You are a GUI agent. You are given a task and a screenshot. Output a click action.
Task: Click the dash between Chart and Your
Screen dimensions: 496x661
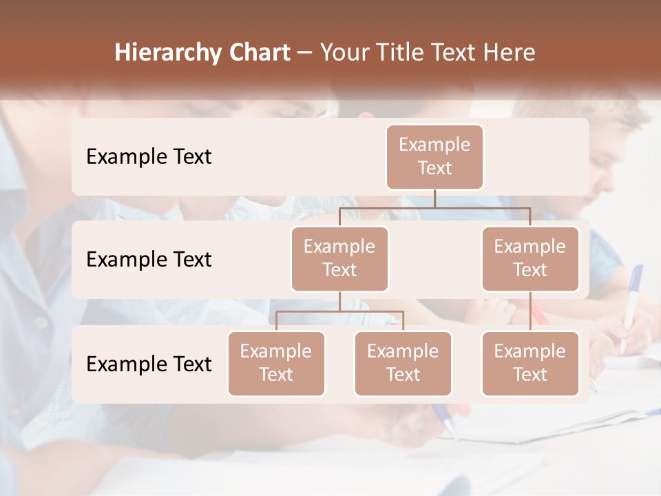point(305,54)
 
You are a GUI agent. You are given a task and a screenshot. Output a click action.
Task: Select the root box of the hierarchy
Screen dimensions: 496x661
point(434,156)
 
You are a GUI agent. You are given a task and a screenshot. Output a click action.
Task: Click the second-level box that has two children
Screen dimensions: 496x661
point(339,258)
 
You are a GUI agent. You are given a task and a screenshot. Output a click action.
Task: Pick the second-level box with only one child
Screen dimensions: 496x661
point(530,258)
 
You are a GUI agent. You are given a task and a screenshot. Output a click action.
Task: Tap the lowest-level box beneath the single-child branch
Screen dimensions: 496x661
point(530,363)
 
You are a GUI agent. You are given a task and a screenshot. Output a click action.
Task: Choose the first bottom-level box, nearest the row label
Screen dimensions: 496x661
point(276,363)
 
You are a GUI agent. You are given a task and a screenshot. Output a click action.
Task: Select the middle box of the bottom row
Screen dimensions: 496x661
point(403,363)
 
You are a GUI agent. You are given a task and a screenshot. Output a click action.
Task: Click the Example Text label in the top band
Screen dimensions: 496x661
point(149,157)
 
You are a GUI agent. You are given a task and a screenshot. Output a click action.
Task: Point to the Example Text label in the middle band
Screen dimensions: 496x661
point(149,260)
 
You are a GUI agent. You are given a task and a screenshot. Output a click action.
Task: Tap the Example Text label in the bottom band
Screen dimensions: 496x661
point(149,364)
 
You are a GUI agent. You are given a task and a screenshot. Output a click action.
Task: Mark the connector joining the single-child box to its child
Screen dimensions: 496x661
point(530,311)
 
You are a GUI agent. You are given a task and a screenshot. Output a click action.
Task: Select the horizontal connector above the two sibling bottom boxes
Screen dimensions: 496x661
point(339,311)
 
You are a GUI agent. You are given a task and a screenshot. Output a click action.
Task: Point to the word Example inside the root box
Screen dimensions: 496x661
point(434,145)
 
